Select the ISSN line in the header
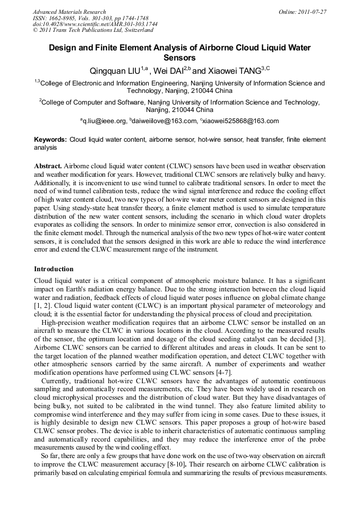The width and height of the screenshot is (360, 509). (x=83, y=18)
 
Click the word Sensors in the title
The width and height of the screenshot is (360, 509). (x=179, y=58)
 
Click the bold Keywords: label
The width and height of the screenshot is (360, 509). (x=50, y=140)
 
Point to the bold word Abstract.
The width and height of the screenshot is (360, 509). (x=48, y=166)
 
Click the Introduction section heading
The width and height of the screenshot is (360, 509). (x=54, y=269)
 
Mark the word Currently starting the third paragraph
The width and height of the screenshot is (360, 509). (x=56, y=381)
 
